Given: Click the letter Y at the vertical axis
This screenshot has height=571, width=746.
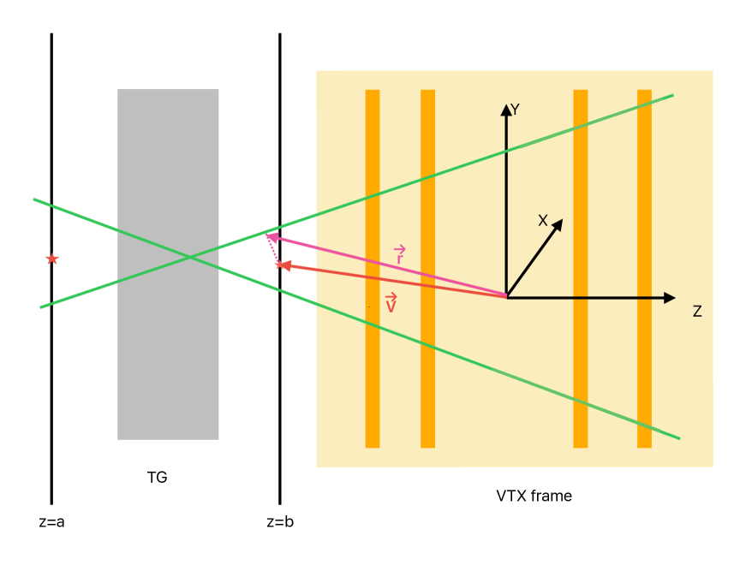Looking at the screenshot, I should pyautogui.click(x=515, y=110).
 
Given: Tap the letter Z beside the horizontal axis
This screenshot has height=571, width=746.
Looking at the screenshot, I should pyautogui.click(x=697, y=312).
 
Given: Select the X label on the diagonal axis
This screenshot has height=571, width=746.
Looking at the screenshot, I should pyautogui.click(x=542, y=221).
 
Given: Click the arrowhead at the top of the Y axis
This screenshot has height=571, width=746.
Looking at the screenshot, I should pyautogui.click(x=506, y=110).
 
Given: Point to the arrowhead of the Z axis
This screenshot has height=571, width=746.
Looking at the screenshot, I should pyautogui.click(x=670, y=298).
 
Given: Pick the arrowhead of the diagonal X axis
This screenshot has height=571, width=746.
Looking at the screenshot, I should pyautogui.click(x=558, y=225).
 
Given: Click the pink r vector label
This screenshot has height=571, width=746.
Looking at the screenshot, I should pyautogui.click(x=399, y=256).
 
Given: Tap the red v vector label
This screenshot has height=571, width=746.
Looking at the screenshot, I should pyautogui.click(x=391, y=304).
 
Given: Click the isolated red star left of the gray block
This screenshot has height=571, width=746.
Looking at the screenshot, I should pyautogui.click(x=52, y=259).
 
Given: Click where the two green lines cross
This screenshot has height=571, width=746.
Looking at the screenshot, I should pyautogui.click(x=190, y=256).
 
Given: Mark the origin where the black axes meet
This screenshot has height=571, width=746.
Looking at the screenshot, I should pyautogui.click(x=507, y=297).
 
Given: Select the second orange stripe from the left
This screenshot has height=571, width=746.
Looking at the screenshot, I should pyautogui.click(x=427, y=385).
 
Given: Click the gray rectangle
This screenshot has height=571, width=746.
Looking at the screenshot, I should pyautogui.click(x=168, y=360).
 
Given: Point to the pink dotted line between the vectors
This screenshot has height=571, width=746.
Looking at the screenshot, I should pyautogui.click(x=273, y=251).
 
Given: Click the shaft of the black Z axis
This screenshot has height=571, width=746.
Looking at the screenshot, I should pyautogui.click(x=591, y=298).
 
